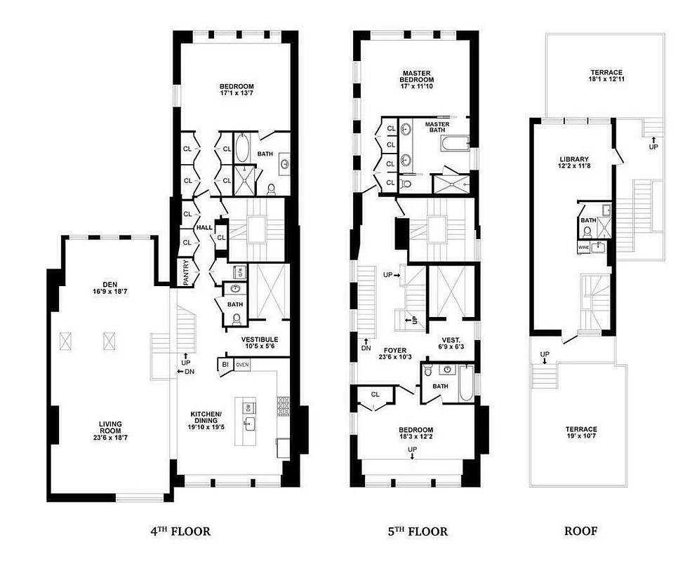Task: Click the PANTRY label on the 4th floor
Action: point(186,274)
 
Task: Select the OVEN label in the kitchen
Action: point(243,365)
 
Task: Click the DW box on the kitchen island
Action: point(248,407)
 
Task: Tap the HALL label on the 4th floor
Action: point(204,228)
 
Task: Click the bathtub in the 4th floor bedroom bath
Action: point(241,149)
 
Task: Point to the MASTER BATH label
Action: point(437,127)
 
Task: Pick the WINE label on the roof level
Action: point(583,248)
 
